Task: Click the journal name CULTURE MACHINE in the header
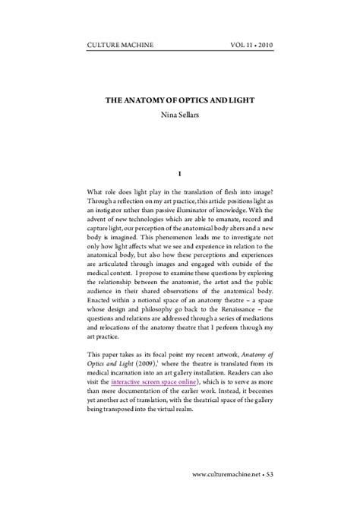pos(121,46)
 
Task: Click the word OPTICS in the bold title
pos(180,100)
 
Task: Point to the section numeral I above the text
pos(179,174)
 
